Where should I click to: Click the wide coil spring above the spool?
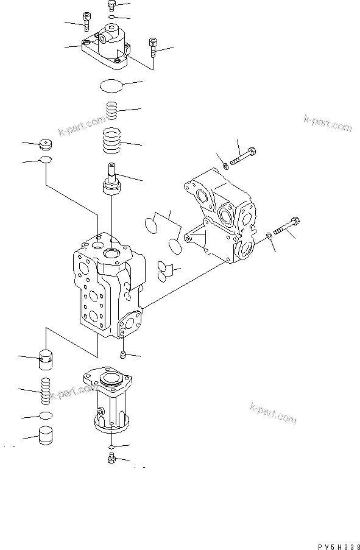point(113,144)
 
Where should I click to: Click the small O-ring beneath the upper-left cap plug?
point(46,161)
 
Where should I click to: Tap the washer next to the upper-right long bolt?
point(225,164)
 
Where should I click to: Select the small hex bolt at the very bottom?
point(111,458)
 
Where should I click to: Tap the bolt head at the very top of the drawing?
point(111,5)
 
